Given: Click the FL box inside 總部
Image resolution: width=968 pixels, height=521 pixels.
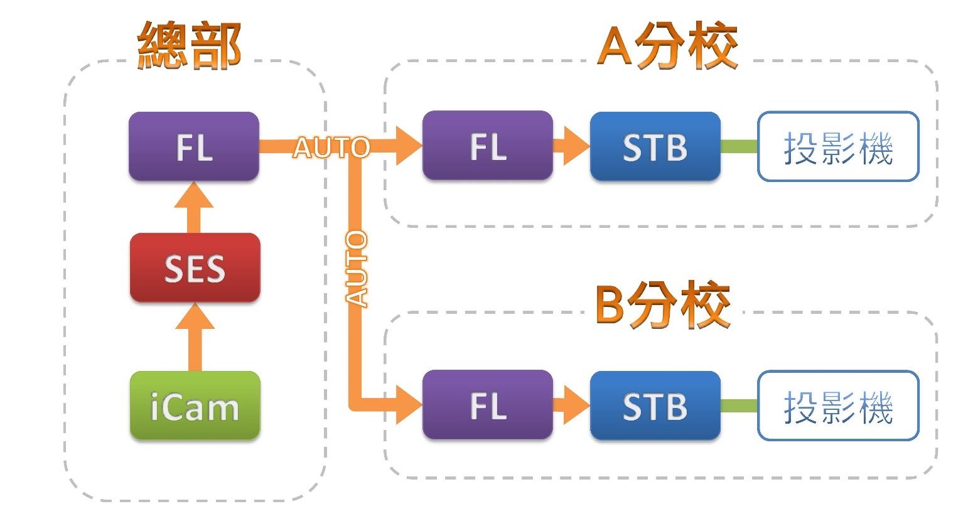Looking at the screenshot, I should [193, 147].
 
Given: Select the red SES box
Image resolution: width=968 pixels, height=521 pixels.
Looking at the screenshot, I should [195, 268].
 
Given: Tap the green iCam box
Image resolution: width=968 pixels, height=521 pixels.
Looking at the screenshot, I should [195, 406].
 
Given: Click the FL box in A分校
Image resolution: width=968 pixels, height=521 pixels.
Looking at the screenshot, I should [488, 146].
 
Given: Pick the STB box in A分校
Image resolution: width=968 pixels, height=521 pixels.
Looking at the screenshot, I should [655, 147].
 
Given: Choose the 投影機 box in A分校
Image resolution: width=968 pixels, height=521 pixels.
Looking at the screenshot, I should [838, 148].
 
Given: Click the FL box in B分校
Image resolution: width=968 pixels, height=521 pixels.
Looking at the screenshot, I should [488, 406].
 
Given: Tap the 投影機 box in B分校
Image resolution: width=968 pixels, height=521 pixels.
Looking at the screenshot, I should [838, 406].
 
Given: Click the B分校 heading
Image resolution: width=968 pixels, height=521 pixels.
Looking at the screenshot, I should [663, 306].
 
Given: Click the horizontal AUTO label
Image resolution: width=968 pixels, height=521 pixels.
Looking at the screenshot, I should [331, 148].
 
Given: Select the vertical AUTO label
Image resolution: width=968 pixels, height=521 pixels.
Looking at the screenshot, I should [356, 269].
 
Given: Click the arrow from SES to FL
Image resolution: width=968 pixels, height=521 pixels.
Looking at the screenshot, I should [194, 207].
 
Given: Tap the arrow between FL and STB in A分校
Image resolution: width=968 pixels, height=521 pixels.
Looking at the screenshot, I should [571, 146].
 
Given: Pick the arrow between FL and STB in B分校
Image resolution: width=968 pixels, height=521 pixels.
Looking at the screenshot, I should [571, 406].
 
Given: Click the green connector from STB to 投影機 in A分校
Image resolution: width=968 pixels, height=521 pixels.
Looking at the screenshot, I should [739, 147].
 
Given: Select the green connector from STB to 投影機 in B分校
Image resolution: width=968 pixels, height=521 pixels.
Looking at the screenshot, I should [739, 406].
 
